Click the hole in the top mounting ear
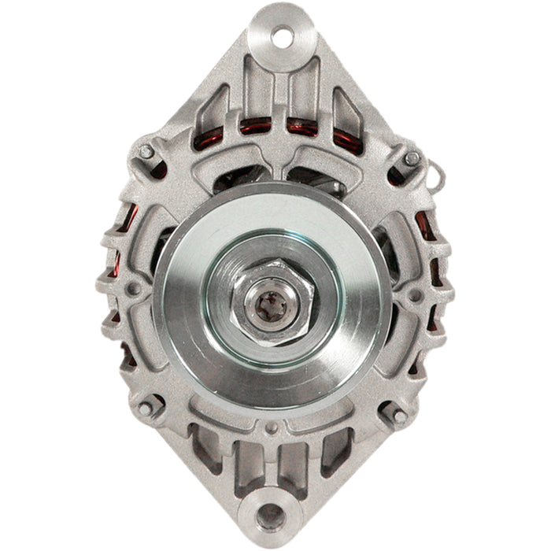point(282,35)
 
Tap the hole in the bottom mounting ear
point(270,516)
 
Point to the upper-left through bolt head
point(146,151)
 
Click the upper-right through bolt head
point(412,158)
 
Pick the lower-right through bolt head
point(398,416)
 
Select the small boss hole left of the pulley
point(134,289)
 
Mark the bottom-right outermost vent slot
point(337,452)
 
